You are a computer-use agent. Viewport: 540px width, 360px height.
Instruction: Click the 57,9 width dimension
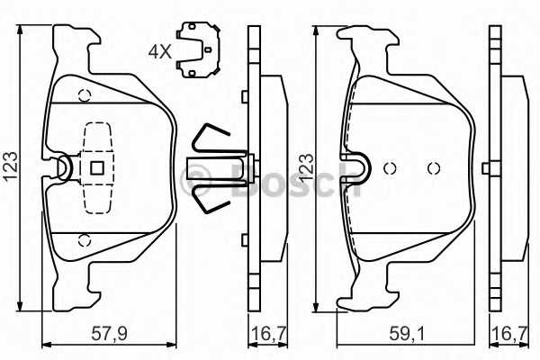[x=109, y=334]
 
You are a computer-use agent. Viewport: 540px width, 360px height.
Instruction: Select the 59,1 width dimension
[x=408, y=334]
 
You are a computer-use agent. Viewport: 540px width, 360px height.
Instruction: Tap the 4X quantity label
[x=160, y=52]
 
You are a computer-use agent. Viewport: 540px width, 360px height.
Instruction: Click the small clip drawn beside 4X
[x=198, y=49]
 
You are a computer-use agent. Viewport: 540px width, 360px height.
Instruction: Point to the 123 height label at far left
[x=10, y=166]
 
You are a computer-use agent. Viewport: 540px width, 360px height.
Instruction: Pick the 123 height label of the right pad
[x=306, y=168]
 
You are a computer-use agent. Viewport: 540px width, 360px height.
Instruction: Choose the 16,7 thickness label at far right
[x=509, y=334]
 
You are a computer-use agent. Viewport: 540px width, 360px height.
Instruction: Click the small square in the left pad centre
[x=97, y=168]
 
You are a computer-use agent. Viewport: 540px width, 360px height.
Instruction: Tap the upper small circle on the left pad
[x=85, y=95]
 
